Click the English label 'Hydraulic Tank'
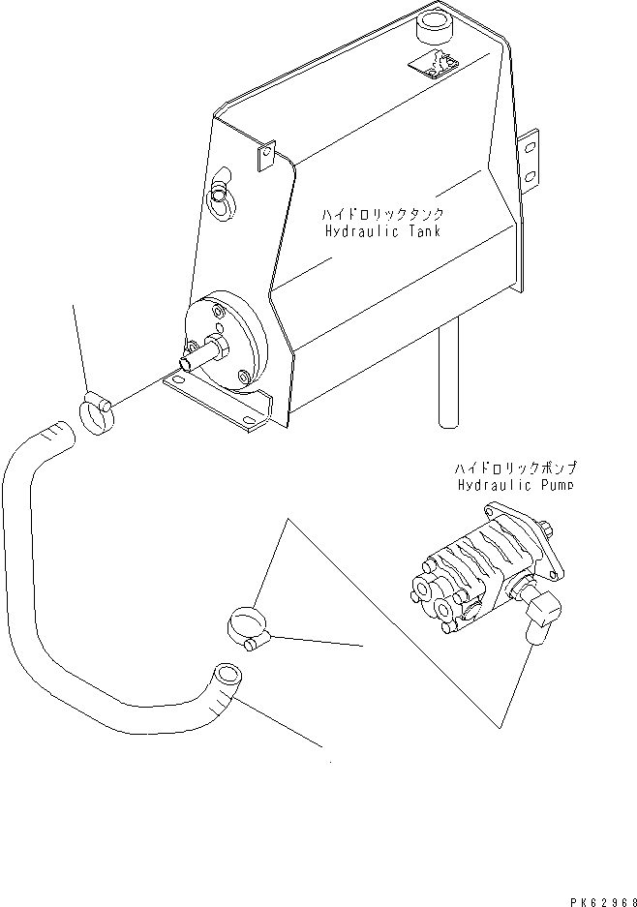tap(382, 232)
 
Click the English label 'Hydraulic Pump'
tap(514, 485)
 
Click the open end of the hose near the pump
tap(226, 673)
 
